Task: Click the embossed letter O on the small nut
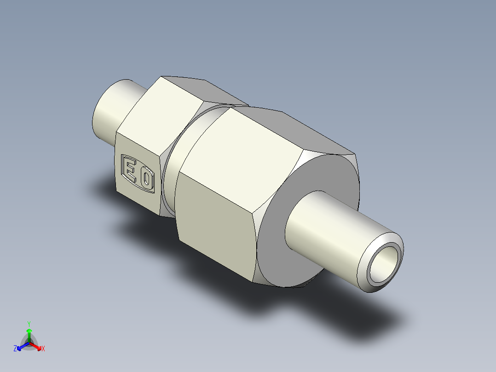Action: [147, 179]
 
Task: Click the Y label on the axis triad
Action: [29, 323]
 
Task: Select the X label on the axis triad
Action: [43, 349]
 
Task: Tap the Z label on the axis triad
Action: [15, 349]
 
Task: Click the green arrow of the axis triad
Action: [29, 334]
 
